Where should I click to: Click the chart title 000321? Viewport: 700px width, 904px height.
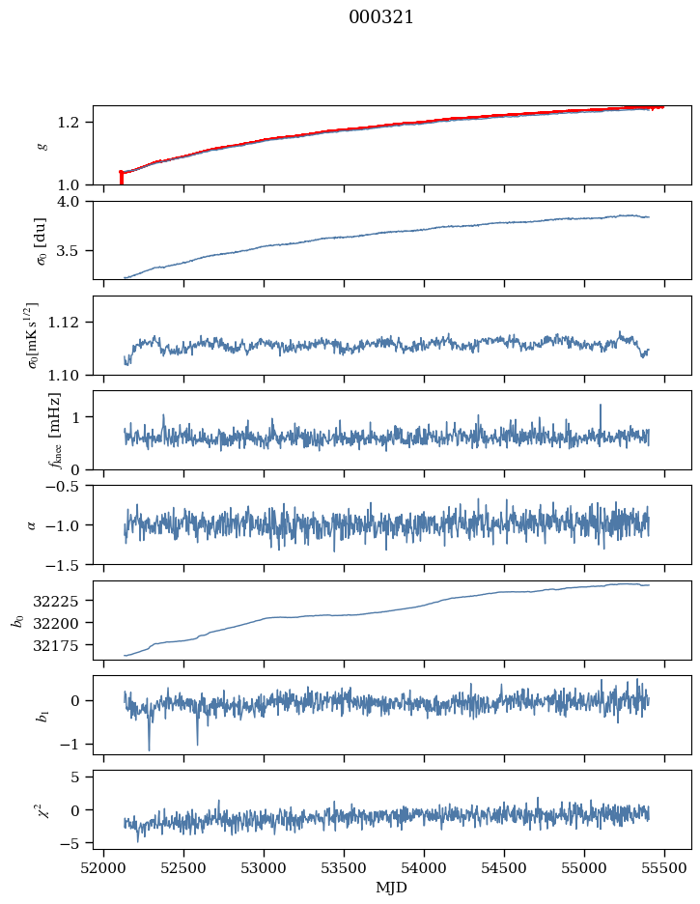380,17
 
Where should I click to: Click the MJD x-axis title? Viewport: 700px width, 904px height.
392,887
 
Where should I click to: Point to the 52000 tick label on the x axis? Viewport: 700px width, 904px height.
104,867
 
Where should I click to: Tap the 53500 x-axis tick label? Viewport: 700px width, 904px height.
344,867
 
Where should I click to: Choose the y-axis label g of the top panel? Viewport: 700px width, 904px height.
42,145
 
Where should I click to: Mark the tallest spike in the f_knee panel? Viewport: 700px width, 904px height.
601,406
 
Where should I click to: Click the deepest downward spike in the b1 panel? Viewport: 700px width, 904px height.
149,749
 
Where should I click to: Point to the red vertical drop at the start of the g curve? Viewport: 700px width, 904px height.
121,178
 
